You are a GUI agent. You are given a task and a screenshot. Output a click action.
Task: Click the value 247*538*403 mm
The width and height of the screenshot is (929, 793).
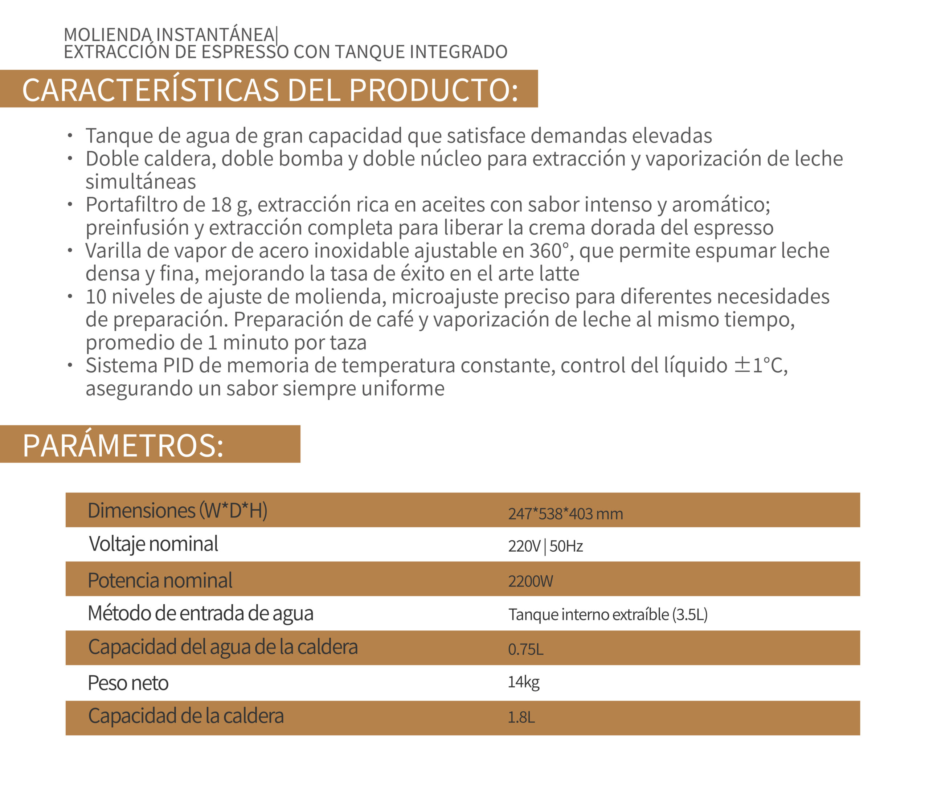coord(565,514)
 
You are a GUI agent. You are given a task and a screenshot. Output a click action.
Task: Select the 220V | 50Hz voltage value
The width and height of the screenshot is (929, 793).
coord(545,546)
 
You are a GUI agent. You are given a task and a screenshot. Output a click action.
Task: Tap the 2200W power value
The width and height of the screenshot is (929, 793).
coord(531,581)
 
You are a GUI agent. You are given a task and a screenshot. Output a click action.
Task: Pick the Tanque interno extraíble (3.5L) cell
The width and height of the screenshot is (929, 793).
coord(607,614)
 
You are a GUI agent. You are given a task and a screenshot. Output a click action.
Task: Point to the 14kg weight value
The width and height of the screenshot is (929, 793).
coord(523,682)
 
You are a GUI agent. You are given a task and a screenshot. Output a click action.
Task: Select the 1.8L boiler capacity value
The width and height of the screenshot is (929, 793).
coord(521,717)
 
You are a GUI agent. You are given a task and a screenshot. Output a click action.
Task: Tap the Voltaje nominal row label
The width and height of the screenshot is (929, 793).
coord(154,544)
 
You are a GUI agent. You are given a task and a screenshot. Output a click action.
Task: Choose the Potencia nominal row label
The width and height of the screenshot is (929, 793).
coord(160,580)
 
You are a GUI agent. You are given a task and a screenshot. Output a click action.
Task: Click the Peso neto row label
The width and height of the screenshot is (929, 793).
coord(128,683)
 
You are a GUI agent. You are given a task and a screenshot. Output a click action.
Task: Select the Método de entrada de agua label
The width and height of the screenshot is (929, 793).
coord(200,614)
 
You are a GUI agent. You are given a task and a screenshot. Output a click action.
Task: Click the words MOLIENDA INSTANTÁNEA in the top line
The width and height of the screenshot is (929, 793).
coord(169,34)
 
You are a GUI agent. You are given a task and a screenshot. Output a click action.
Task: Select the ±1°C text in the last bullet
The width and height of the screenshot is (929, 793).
coord(760,365)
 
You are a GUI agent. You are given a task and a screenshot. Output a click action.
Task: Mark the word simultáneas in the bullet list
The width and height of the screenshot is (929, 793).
coord(141,182)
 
